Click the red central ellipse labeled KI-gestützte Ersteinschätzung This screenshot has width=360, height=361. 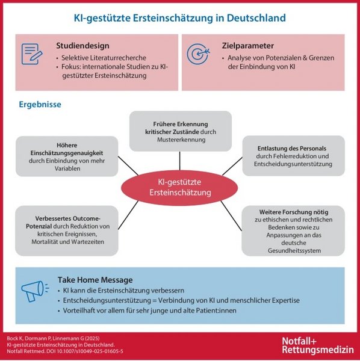pyautogui.click(x=179, y=188)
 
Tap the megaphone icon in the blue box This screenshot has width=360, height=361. pyautogui.click(x=35, y=291)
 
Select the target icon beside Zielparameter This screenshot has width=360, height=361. pyautogui.click(x=198, y=54)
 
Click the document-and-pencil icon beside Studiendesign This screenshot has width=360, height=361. pyautogui.click(x=32, y=54)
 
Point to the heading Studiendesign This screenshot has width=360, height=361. pyautogui.click(x=82, y=46)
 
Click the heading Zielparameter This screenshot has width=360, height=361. pyautogui.click(x=248, y=46)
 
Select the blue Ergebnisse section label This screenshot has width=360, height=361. pyautogui.click(x=40, y=104)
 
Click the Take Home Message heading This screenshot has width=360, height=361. pyautogui.click(x=95, y=280)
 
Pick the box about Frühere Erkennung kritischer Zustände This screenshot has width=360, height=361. pyautogui.click(x=181, y=131)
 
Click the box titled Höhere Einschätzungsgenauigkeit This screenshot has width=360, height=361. pyautogui.click(x=67, y=156)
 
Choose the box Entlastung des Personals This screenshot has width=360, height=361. pyautogui.click(x=293, y=156)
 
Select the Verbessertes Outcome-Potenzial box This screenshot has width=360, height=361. pyautogui.click(x=67, y=230)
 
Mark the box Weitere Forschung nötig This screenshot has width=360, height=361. pyautogui.click(x=293, y=230)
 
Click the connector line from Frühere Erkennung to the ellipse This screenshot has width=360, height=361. pyautogui.click(x=179, y=161)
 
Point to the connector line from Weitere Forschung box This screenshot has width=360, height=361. pyautogui.click(x=231, y=216)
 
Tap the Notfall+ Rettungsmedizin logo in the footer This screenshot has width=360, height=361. pyautogui.click(x=318, y=345)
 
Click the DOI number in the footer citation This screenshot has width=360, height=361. pyautogui.click(x=90, y=351)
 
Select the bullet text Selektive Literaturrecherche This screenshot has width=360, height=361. pyautogui.click(x=104, y=58)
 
